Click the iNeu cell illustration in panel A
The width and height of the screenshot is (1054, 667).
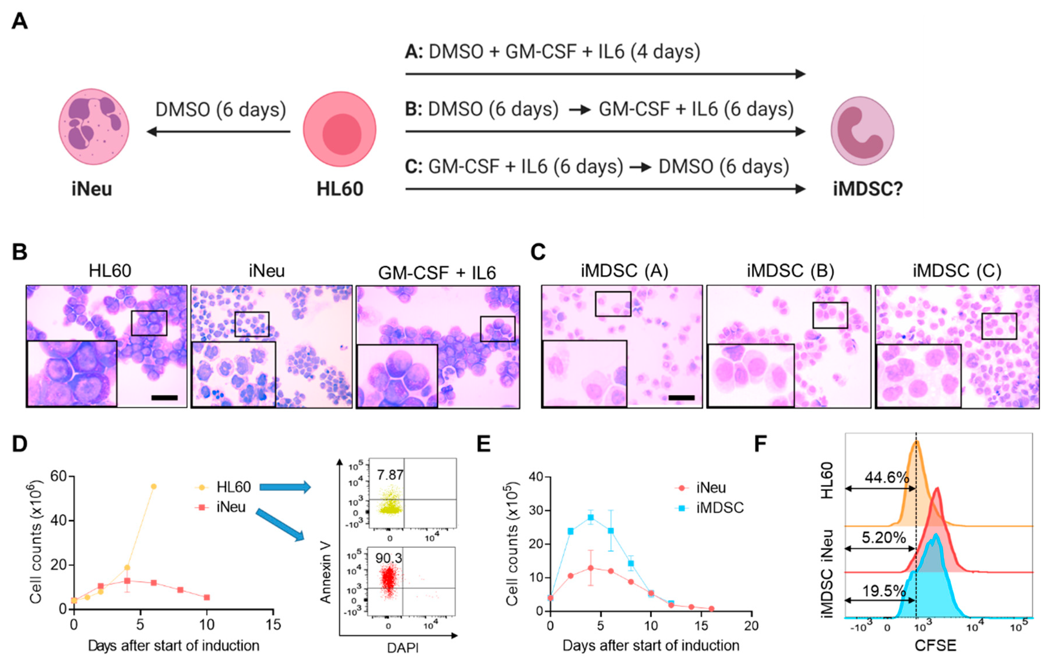pyautogui.click(x=94, y=127)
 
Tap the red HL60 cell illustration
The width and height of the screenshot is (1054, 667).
pyautogui.click(x=339, y=129)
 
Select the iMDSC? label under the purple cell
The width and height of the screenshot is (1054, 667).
pyautogui.click(x=868, y=189)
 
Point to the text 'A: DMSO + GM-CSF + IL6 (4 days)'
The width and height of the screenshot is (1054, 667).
pyautogui.click(x=552, y=52)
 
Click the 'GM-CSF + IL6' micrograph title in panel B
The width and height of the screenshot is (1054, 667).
pyautogui.click(x=437, y=273)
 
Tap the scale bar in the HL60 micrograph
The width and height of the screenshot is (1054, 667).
pyautogui.click(x=164, y=397)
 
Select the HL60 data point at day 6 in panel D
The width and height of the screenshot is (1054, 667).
pyautogui.click(x=154, y=486)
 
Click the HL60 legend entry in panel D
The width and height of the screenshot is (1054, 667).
pyautogui.click(x=223, y=487)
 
